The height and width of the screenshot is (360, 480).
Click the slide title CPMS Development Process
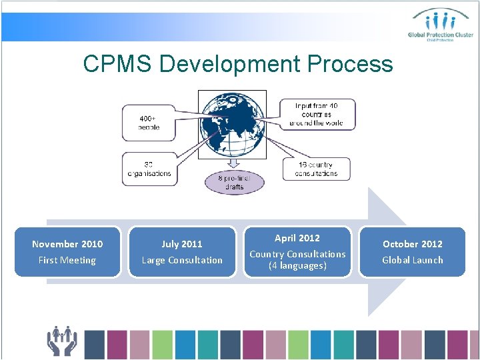point(238,64)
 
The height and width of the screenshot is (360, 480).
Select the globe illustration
point(233,125)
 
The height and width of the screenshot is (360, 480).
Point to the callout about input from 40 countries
point(316,114)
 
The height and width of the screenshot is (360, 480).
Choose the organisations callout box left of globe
point(149,169)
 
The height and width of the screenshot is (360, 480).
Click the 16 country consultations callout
point(316,169)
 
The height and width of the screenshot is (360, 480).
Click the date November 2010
point(67,244)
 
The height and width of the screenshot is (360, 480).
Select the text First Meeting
point(67,260)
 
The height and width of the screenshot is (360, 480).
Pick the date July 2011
point(182,244)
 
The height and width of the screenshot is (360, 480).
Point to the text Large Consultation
point(182,260)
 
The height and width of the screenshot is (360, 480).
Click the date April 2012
point(297,238)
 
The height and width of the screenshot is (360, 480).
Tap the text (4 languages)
point(297,265)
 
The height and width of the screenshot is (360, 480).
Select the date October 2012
point(412,244)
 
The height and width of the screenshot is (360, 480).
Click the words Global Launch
point(412,260)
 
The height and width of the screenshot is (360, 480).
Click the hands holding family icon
point(62,341)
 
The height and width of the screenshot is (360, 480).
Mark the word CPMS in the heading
point(118,64)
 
